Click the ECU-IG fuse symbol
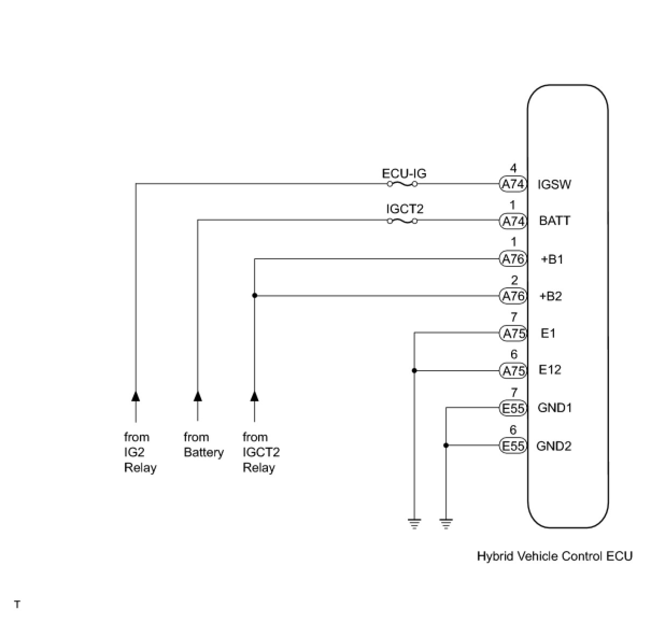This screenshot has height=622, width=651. click(402, 184)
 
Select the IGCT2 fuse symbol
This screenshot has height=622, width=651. click(402, 221)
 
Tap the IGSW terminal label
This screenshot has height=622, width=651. click(554, 185)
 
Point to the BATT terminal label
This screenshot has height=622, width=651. click(554, 221)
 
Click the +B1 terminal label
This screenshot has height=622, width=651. click(552, 259)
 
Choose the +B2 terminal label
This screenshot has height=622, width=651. click(551, 296)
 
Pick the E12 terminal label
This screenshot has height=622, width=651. click(550, 370)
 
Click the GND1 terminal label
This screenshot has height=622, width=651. click(555, 408)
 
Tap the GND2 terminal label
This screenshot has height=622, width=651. click(554, 446)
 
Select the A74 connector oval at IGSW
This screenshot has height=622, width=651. click(513, 184)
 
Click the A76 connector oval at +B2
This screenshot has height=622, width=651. click(513, 296)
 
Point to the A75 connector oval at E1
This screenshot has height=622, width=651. click(513, 334)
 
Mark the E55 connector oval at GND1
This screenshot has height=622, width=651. click(513, 408)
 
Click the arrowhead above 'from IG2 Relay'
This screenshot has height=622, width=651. click(136, 396)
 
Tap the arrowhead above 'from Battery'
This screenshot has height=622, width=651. click(197, 396)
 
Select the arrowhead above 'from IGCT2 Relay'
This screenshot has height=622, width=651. click(254, 396)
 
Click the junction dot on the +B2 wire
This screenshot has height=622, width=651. click(254, 295)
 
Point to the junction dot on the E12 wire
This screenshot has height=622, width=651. click(414, 370)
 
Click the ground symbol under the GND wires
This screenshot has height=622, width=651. click(446, 523)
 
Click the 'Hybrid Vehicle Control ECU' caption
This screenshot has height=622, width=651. click(555, 556)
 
